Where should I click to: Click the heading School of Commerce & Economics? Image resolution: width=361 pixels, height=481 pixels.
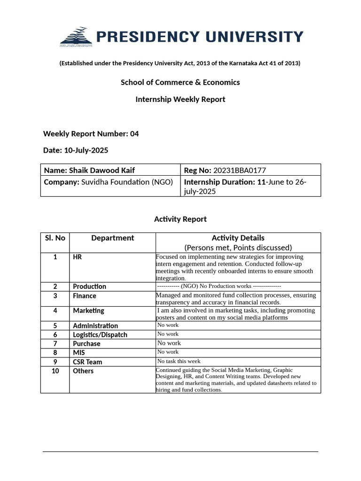point(180,82)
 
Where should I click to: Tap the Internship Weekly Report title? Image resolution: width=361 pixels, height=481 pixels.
point(180,99)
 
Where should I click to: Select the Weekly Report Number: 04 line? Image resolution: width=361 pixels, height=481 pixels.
point(91,134)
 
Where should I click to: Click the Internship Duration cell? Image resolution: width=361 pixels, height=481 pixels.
point(250,186)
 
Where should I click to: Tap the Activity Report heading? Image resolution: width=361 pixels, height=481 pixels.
point(180,219)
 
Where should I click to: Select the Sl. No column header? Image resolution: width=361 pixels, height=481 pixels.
point(55,238)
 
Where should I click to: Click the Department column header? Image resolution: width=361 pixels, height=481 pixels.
point(112,238)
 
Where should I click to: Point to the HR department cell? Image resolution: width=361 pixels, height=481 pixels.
point(78,257)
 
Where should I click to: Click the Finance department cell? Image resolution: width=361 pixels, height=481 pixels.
point(85,296)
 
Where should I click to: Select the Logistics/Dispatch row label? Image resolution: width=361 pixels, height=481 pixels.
point(100,334)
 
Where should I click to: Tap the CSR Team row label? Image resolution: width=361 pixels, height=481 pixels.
point(87,362)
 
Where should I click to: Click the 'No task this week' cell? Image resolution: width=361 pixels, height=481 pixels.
point(179,361)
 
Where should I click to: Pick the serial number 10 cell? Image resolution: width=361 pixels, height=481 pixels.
point(55,371)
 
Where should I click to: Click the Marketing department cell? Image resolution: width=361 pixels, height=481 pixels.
point(89,310)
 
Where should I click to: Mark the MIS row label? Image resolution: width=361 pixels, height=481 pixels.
point(79,352)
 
